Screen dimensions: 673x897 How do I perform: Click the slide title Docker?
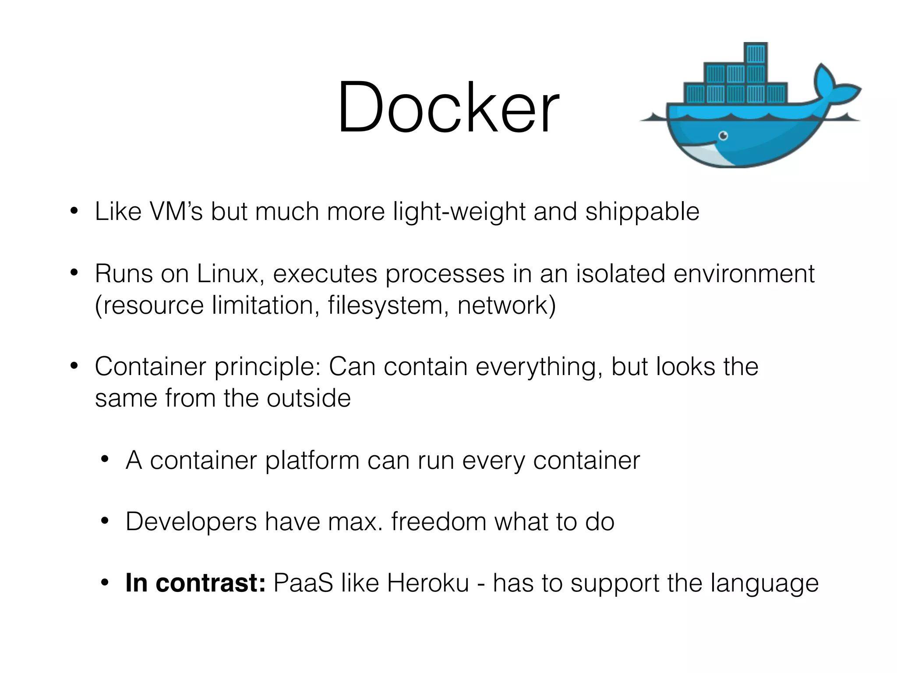(x=448, y=107)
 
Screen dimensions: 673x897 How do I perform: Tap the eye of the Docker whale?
(x=723, y=136)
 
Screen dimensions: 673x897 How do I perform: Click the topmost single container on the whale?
(x=756, y=54)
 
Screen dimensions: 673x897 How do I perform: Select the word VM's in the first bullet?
(x=176, y=212)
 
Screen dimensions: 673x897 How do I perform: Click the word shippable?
(x=642, y=213)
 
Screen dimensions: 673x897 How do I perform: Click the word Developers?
(x=191, y=522)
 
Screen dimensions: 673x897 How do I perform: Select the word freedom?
(x=438, y=522)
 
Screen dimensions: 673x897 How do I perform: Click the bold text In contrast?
(x=195, y=583)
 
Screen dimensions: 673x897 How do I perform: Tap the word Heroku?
(x=428, y=583)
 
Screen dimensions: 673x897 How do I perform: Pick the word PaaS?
(x=303, y=583)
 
